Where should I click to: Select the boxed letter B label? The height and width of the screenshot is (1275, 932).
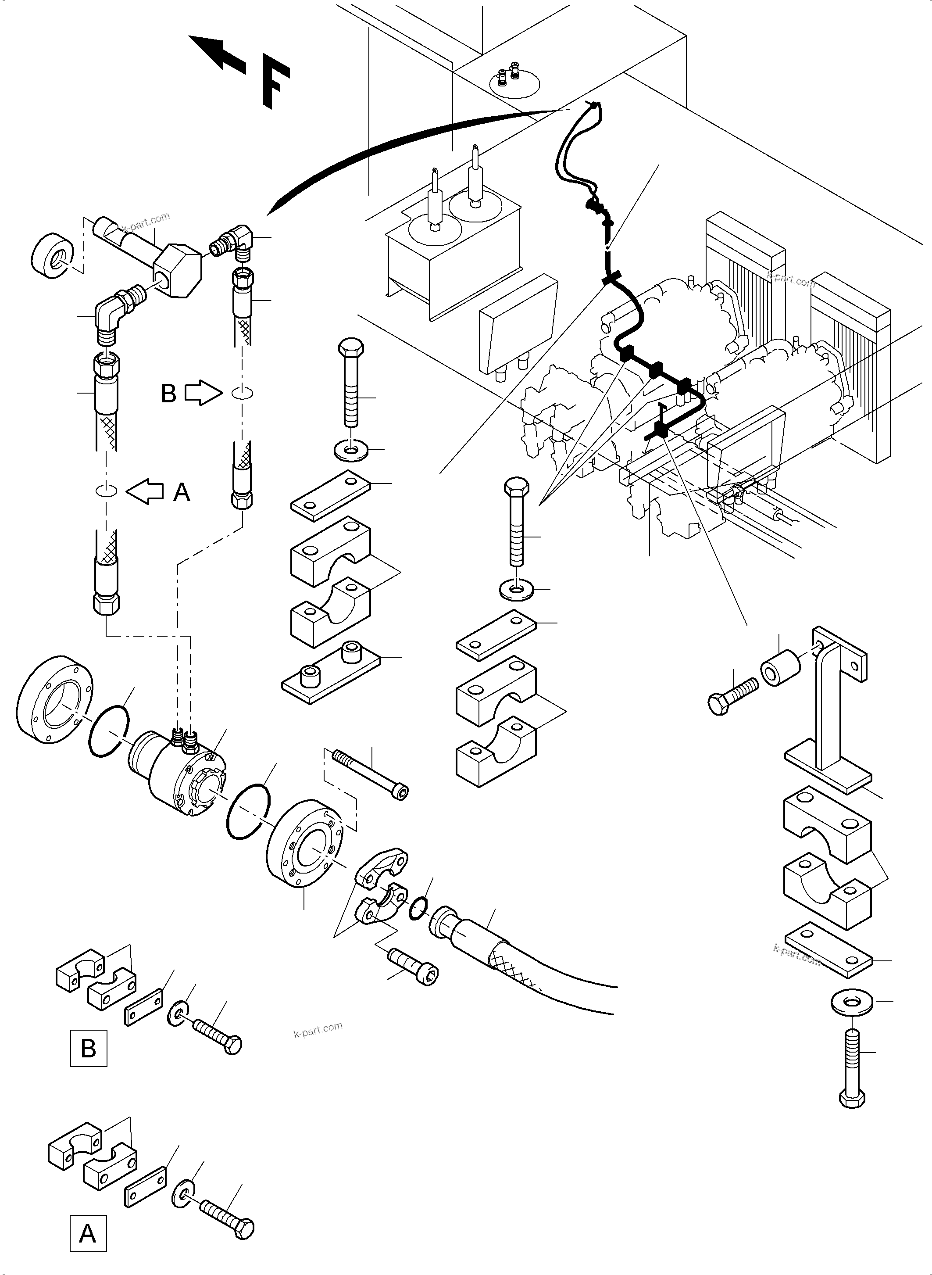pyautogui.click(x=89, y=1048)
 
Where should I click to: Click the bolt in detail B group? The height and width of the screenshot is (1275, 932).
pyautogui.click(x=218, y=1036)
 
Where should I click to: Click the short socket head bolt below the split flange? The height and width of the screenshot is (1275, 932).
pyautogui.click(x=414, y=966)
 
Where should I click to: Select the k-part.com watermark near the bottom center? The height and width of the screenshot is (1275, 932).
pyautogui.click(x=318, y=1030)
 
